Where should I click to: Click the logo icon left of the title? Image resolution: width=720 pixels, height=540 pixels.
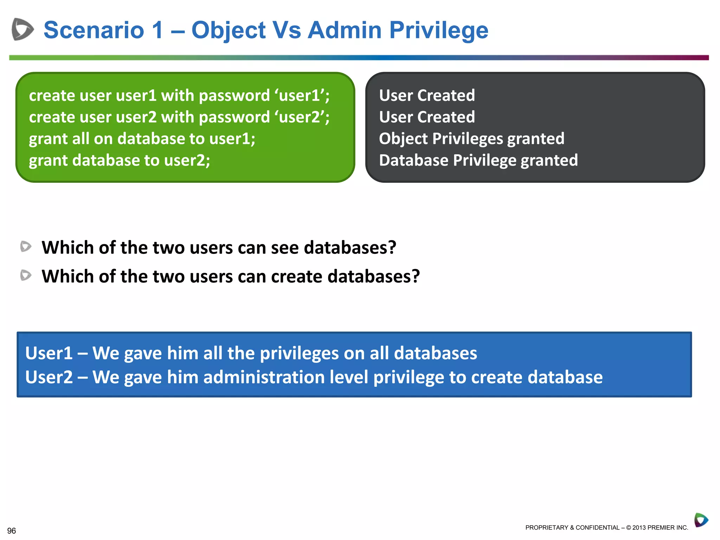point(22,29)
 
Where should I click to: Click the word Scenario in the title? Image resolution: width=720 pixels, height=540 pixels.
point(94,30)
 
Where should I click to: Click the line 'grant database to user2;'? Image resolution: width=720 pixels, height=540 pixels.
point(120,160)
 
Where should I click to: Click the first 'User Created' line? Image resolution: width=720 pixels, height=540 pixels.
point(427,95)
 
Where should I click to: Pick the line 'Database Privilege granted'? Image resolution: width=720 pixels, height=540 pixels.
point(478,160)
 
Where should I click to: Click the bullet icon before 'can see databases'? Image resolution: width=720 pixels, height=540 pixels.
point(26,246)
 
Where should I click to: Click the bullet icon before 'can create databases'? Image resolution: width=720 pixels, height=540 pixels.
point(26,275)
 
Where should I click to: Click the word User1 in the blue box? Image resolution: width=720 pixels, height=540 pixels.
point(49,353)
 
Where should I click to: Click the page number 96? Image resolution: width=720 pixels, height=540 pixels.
point(12,531)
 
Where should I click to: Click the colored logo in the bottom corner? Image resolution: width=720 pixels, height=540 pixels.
point(701,520)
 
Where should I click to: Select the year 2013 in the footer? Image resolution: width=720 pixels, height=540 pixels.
point(639,528)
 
